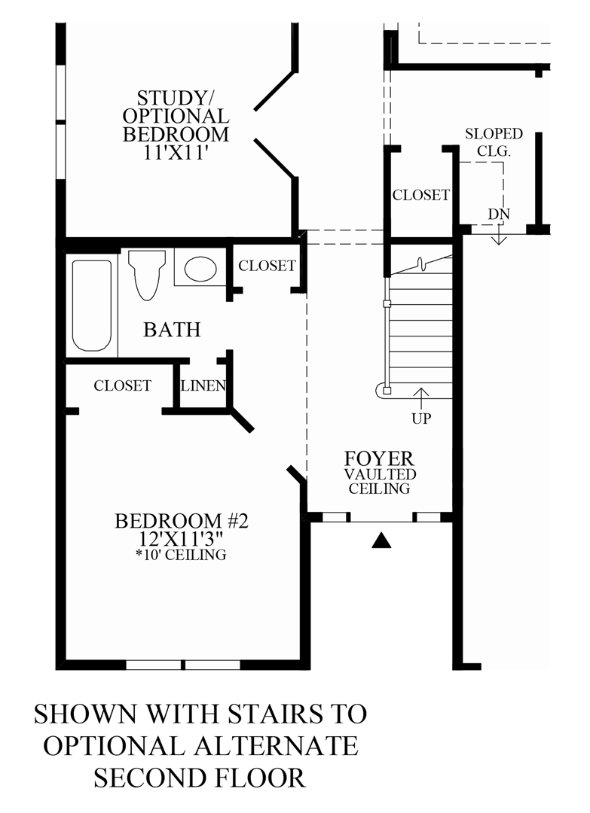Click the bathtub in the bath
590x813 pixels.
[x=93, y=305]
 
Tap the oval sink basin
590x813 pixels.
[x=200, y=269]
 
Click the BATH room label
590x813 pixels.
[x=173, y=329]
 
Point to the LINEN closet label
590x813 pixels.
[x=203, y=386]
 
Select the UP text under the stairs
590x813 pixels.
[x=421, y=419]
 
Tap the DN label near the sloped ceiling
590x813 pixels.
[x=499, y=214]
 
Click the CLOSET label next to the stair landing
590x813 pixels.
[x=420, y=195]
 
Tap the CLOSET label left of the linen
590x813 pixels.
[x=122, y=385]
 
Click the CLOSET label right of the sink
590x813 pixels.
[x=267, y=266]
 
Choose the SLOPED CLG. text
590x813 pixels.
[x=494, y=142]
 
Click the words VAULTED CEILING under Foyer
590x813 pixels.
[x=378, y=482]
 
